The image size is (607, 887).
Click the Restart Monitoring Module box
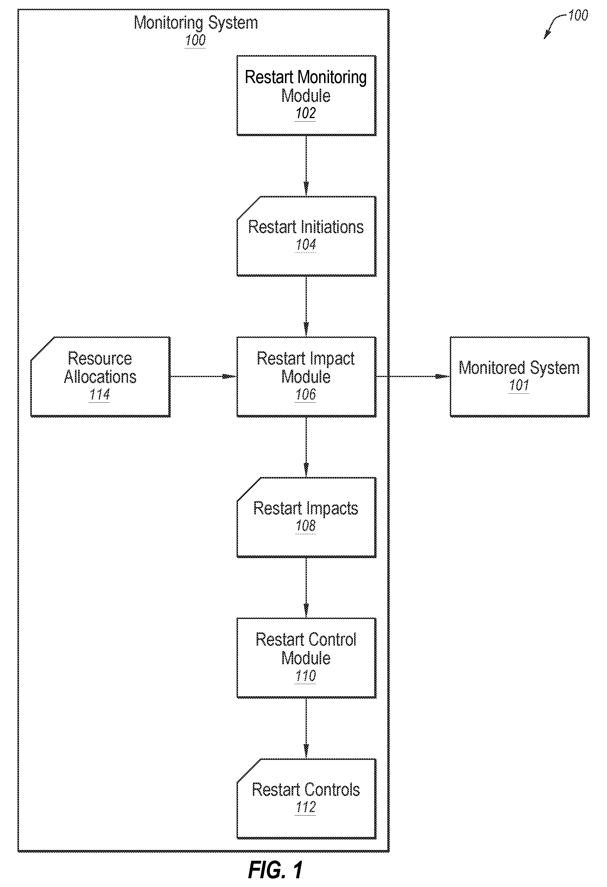point(306,95)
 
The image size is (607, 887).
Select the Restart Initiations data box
point(306,236)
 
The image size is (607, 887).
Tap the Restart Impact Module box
point(306,377)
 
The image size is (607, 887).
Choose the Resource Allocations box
point(100,377)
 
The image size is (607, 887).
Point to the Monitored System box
point(519,377)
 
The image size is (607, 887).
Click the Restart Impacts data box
point(306,517)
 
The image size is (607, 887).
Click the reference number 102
point(306,113)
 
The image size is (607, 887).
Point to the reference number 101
point(519,385)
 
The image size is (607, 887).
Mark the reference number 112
point(306,807)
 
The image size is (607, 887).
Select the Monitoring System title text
point(196,23)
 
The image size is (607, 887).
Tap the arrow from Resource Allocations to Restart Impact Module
point(203,377)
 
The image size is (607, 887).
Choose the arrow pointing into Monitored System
point(413,377)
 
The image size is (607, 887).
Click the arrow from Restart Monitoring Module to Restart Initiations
point(306,166)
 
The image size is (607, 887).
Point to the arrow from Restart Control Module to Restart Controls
point(306,728)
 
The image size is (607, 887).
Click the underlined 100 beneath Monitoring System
point(195,41)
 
